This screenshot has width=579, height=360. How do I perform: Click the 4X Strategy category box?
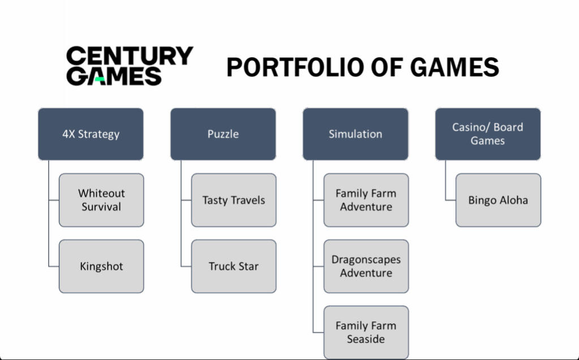(x=91, y=134)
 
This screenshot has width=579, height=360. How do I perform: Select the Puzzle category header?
(x=223, y=134)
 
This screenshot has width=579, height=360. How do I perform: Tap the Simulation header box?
(x=355, y=134)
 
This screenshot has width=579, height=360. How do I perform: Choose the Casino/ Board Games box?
(x=488, y=134)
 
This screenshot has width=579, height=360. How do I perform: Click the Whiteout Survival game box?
(x=101, y=200)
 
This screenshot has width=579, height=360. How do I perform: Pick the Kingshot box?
(x=101, y=266)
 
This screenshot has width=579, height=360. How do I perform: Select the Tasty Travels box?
(x=234, y=200)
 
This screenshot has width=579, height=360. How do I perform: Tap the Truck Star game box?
(x=234, y=266)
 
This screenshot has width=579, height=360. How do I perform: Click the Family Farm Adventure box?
(x=366, y=200)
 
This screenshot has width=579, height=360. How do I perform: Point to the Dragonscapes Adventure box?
(x=366, y=266)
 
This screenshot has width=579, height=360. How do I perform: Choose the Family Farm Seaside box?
(x=366, y=332)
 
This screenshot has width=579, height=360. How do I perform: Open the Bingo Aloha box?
(x=499, y=200)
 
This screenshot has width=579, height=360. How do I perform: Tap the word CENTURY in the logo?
(x=130, y=55)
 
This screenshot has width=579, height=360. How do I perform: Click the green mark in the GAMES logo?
(x=100, y=79)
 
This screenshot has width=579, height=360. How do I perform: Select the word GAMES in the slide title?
(x=454, y=67)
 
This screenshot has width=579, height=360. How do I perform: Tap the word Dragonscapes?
(x=366, y=260)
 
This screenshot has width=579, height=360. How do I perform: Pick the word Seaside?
(x=366, y=339)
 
